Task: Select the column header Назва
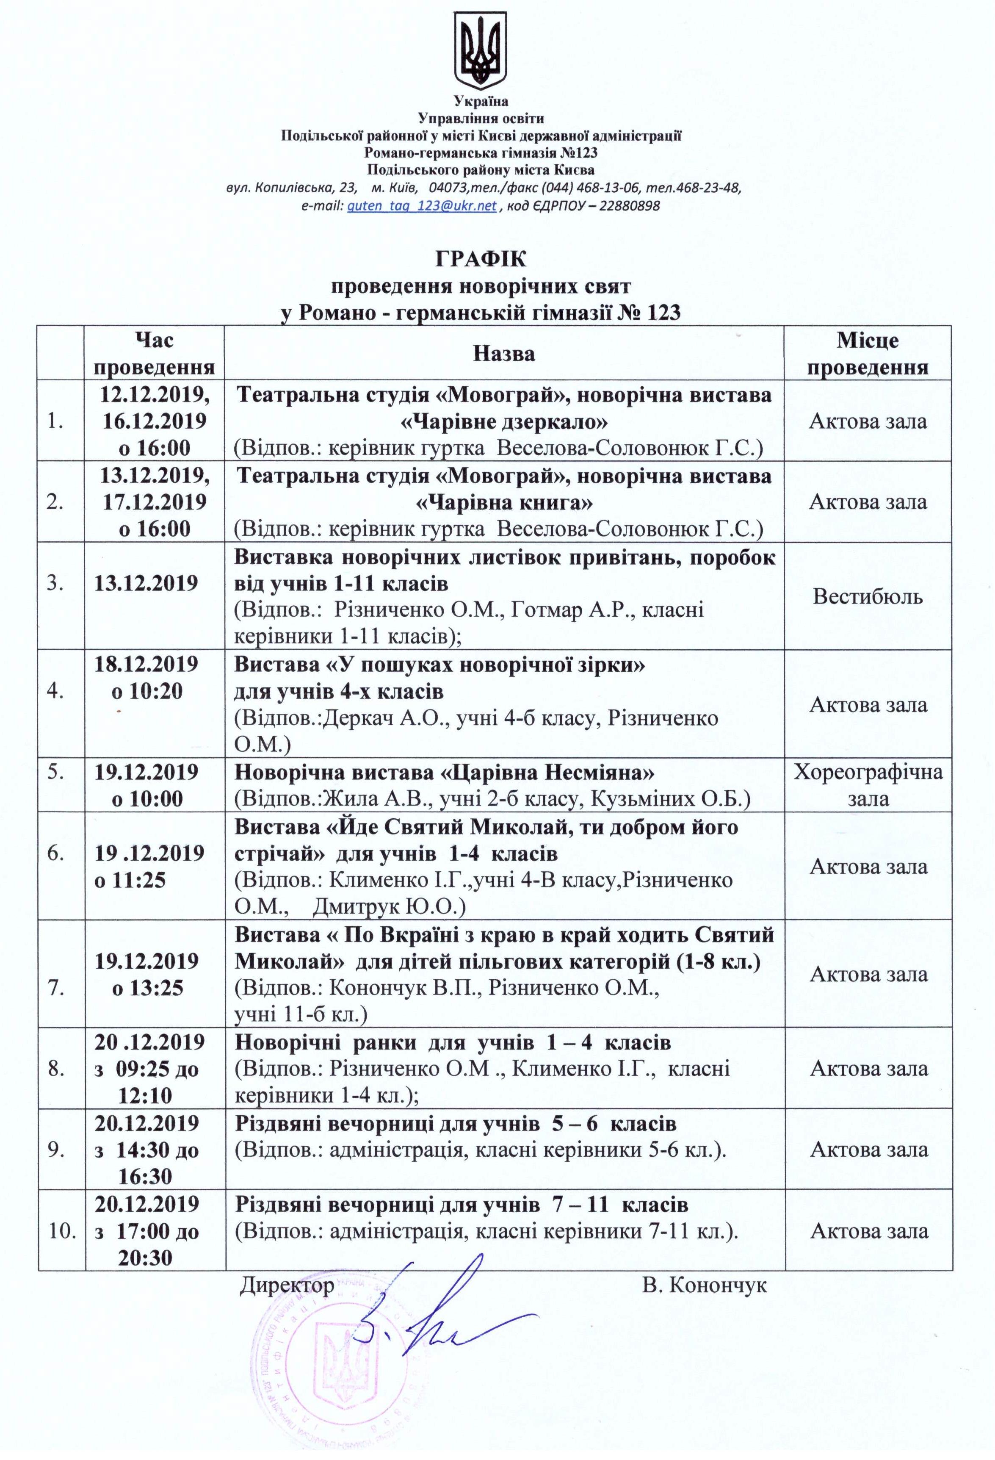click(x=504, y=354)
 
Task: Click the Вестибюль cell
click(x=868, y=596)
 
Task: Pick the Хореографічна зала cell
click(x=868, y=785)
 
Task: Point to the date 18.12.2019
click(x=146, y=664)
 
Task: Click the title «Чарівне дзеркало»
click(x=504, y=421)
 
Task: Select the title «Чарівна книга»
click(x=504, y=503)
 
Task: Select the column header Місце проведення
click(x=868, y=354)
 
